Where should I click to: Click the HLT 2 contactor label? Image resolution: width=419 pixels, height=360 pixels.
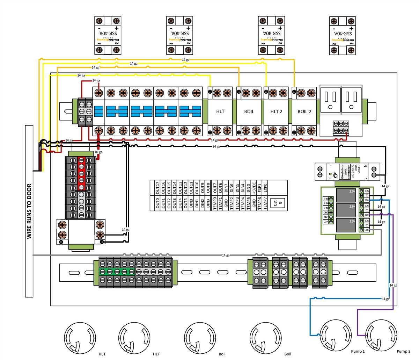276,111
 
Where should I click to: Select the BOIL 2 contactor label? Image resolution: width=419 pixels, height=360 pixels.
304,111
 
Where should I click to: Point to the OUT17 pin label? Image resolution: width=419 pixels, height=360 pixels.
157,188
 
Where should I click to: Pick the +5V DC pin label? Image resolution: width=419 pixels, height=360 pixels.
254,188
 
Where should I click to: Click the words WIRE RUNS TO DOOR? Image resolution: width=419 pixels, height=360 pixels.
29,211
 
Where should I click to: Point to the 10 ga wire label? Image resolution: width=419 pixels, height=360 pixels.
98,152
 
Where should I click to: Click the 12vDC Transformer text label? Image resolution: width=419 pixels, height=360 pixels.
344,171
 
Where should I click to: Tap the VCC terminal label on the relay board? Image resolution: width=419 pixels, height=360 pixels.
325,222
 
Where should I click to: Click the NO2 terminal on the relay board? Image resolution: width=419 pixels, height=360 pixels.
367,215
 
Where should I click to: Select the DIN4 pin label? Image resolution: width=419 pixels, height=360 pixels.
243,188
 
